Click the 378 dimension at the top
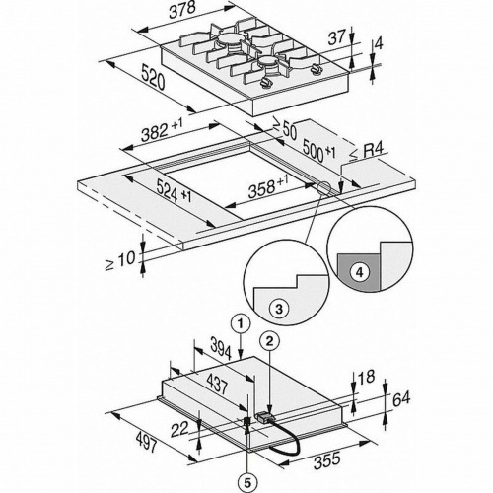182,11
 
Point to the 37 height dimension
337,37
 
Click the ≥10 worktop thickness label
120,260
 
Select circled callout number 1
241,324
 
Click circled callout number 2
269,342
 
